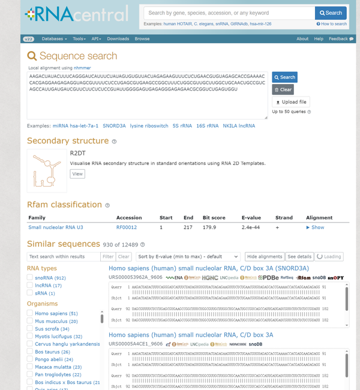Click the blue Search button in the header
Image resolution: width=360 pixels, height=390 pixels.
click(x=331, y=13)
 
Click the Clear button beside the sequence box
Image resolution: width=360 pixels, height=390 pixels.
click(x=283, y=89)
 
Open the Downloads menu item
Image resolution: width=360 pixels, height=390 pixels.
click(x=118, y=38)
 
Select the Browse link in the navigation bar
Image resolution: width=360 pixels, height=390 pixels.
click(x=142, y=38)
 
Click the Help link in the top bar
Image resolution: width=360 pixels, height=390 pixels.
click(x=319, y=38)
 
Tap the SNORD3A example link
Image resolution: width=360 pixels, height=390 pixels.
click(x=113, y=126)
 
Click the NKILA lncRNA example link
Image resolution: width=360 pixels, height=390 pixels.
click(x=239, y=126)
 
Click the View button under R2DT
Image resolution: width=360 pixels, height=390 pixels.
click(x=77, y=173)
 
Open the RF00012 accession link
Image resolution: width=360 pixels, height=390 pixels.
click(x=127, y=227)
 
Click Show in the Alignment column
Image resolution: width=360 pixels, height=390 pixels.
click(x=316, y=227)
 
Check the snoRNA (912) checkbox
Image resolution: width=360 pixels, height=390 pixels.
click(x=30, y=278)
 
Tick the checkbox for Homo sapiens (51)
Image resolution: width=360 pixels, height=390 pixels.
click(x=30, y=313)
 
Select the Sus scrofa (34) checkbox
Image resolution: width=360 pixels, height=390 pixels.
click(x=30, y=329)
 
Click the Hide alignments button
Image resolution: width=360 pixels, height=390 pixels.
click(x=265, y=256)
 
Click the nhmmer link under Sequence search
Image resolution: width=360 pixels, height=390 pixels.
click(x=82, y=68)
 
